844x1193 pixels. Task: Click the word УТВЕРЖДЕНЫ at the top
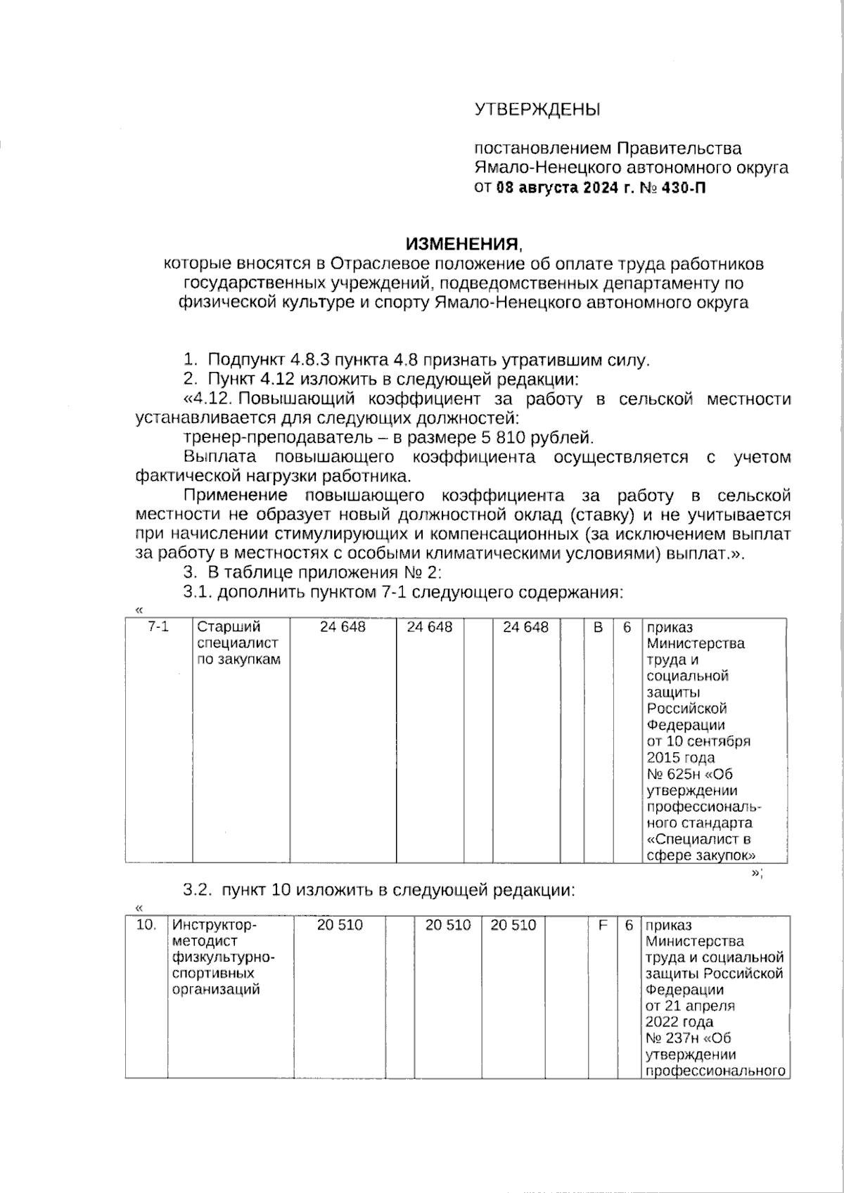(537, 110)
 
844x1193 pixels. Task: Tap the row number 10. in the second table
(146, 925)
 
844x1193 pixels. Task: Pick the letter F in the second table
(603, 925)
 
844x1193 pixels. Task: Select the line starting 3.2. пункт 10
(379, 890)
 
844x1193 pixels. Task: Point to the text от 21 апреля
(690, 1006)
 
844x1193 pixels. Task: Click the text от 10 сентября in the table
(698, 742)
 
